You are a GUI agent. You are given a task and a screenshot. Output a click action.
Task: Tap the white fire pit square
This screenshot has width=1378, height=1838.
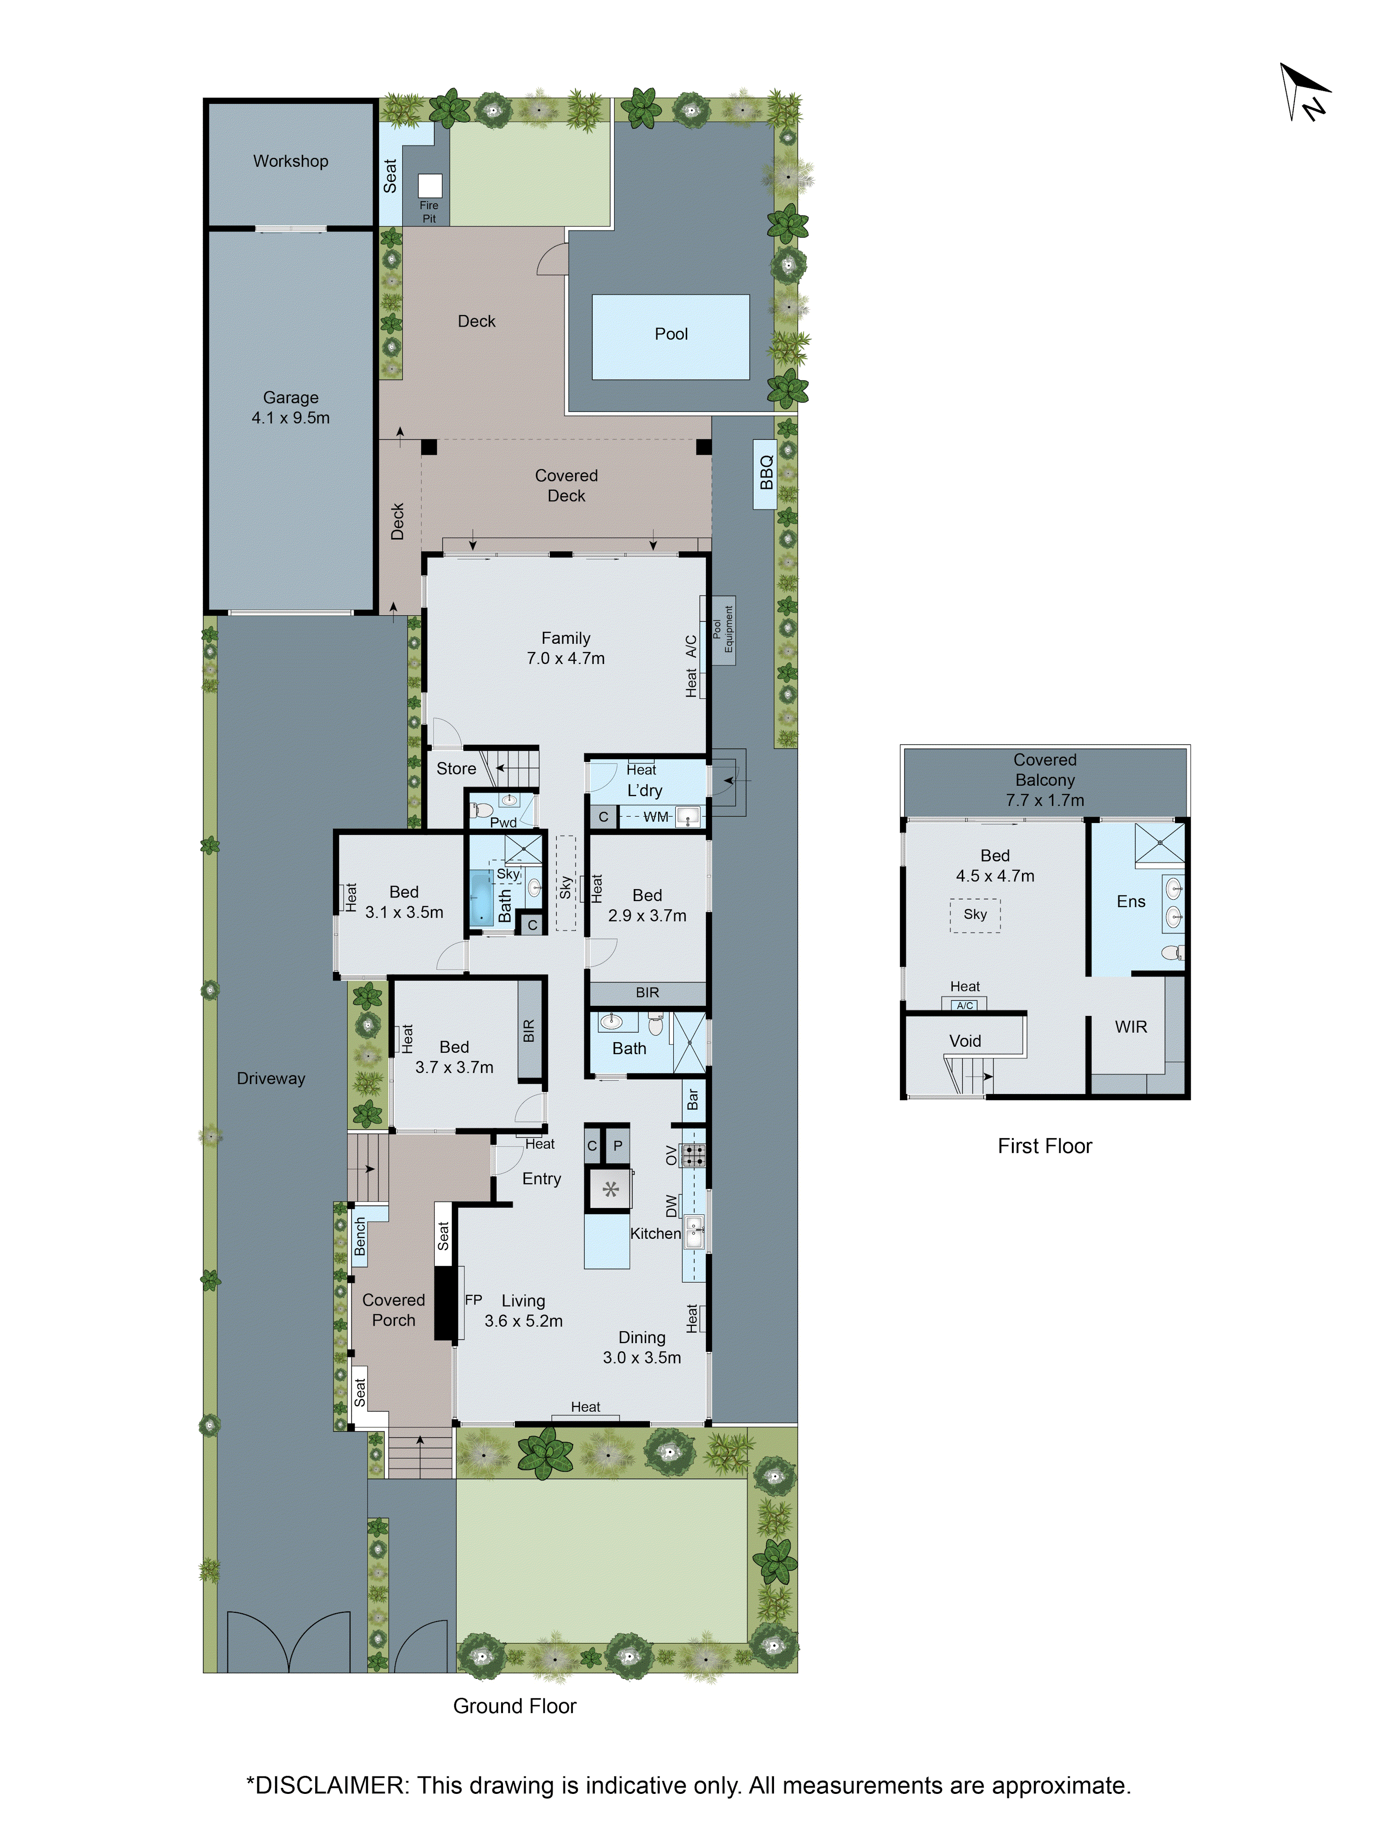click(x=429, y=185)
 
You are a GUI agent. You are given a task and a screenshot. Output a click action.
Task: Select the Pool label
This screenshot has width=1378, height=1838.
click(x=671, y=334)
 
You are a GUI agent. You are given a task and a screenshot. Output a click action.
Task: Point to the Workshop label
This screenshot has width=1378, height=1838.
click(x=291, y=161)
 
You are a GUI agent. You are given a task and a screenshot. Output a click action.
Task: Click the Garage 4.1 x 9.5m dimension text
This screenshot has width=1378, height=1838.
click(x=291, y=418)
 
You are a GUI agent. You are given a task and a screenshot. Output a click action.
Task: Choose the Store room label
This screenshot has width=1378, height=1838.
click(x=456, y=769)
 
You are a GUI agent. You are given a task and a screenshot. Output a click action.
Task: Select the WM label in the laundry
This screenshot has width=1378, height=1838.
click(x=655, y=817)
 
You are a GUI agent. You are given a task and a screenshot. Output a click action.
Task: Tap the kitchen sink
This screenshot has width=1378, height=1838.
click(x=695, y=1231)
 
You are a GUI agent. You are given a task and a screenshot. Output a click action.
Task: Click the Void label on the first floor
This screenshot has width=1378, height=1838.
click(x=965, y=1041)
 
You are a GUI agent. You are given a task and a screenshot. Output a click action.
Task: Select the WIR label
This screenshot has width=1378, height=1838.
click(x=1130, y=1027)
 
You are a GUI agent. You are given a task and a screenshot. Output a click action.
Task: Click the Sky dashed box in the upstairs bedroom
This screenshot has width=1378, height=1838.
click(x=975, y=915)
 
